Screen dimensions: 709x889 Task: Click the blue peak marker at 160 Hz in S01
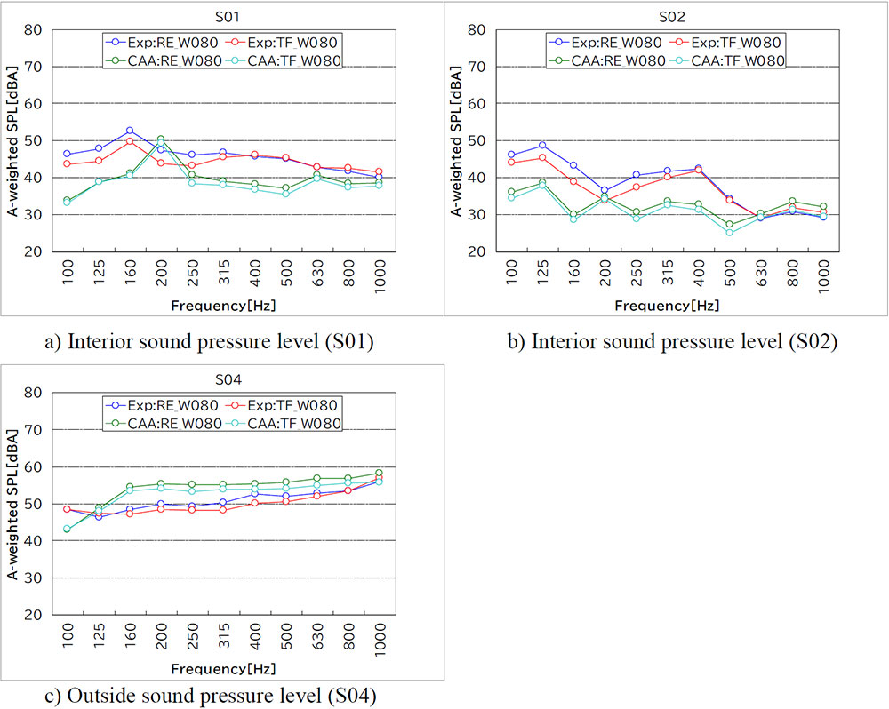(130, 131)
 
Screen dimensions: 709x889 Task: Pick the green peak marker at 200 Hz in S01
(161, 139)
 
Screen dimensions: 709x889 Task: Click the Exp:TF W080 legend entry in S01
(290, 41)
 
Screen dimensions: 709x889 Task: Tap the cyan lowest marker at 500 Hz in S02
(729, 233)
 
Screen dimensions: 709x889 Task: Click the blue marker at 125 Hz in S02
(542, 145)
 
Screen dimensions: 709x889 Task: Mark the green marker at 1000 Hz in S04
(380, 473)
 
